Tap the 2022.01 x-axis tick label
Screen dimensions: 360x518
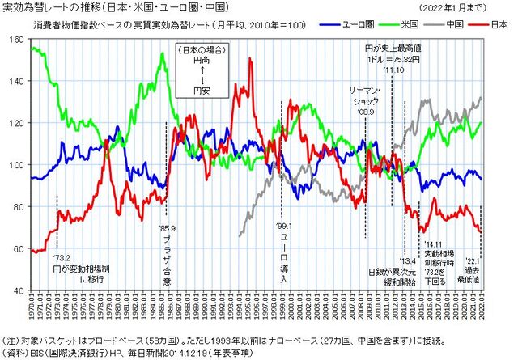tap(482, 309)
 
